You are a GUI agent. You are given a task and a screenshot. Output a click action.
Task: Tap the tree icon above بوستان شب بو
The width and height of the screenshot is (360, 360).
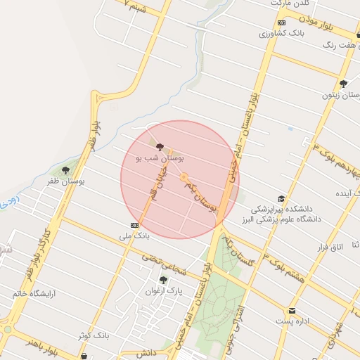pos(161,148)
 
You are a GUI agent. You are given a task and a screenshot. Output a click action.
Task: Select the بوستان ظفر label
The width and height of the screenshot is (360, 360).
pos(66,181)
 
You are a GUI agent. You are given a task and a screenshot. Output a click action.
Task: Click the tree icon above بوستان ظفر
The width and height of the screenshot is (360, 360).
pos(66,170)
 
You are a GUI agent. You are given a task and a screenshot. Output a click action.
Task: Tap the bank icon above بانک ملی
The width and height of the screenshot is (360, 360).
pos(134,225)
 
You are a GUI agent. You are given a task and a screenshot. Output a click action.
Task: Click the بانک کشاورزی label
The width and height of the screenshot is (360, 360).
pos(281,33)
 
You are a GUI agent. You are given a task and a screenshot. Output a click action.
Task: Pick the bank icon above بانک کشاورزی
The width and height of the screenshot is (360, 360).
pos(281,22)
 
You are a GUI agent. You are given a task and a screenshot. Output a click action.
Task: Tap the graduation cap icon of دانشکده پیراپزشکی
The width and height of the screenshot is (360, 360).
pos(282,199)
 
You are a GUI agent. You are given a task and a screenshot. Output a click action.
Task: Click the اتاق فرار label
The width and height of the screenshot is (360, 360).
pos(328,247)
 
